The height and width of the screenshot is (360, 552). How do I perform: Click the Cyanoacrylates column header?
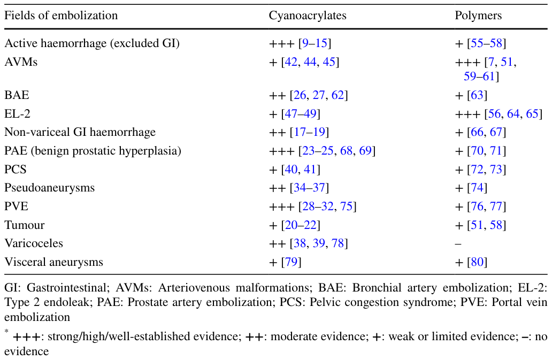point(308,16)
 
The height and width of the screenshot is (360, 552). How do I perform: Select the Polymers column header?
point(478,16)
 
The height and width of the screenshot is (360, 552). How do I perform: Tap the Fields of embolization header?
point(61,16)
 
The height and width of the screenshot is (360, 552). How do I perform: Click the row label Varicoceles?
point(34,243)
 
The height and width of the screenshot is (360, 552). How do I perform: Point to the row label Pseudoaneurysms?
point(49,188)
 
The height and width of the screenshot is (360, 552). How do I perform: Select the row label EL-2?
point(17,113)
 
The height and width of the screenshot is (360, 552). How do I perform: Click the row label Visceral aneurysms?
point(53,262)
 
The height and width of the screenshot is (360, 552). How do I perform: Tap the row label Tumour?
point(24,225)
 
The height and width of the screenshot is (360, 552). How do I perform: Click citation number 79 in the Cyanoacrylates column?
point(291,262)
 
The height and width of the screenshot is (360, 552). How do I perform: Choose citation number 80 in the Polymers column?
point(477,262)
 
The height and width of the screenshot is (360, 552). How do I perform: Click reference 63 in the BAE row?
point(477,95)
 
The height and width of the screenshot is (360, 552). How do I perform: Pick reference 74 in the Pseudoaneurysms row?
point(477,188)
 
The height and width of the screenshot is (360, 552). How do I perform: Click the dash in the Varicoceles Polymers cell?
point(458,243)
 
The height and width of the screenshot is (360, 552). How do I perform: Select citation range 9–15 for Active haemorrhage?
point(315,43)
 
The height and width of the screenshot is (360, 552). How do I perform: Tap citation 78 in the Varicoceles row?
point(338,243)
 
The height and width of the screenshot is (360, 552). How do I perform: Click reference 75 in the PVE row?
point(347,206)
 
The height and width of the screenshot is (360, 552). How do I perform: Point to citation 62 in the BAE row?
point(338,95)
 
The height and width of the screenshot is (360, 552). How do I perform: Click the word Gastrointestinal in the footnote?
point(66,288)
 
